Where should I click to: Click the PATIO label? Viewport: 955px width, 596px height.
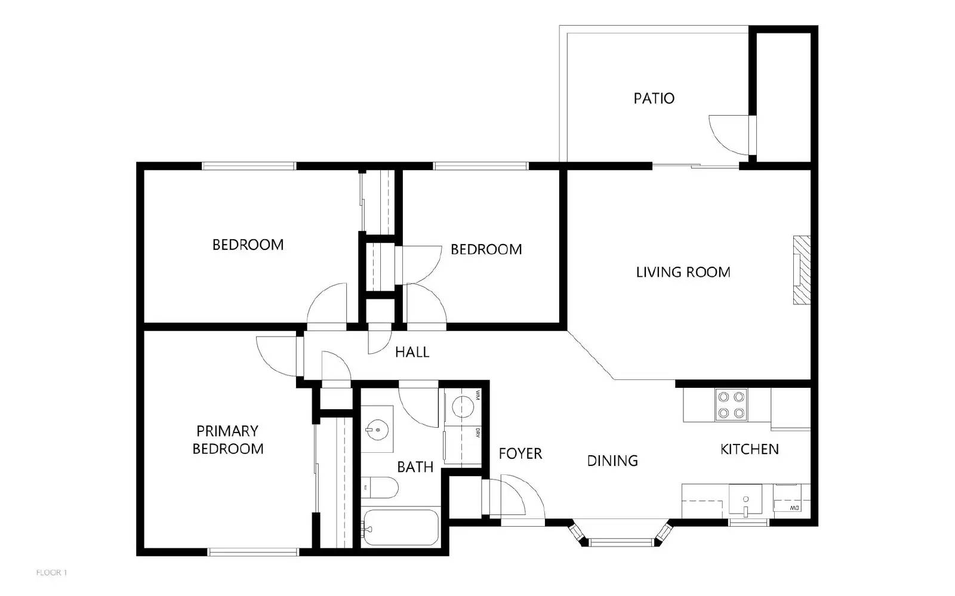point(654,98)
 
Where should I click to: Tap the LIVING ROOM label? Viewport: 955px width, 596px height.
point(683,273)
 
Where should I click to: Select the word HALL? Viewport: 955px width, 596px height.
point(412,352)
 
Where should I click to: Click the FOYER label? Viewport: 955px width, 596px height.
point(520,454)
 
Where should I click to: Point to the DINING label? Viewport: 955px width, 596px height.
point(612,461)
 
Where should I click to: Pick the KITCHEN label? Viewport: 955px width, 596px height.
point(749,449)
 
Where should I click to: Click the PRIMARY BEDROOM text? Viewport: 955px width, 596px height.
point(227,440)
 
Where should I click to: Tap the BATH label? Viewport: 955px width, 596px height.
point(415,467)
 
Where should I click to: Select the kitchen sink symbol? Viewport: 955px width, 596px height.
point(745,500)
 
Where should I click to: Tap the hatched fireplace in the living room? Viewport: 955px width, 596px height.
point(801,270)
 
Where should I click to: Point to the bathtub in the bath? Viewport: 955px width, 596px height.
point(400,527)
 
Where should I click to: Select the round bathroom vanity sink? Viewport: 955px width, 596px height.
point(377,429)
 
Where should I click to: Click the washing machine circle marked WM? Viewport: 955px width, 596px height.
point(463,408)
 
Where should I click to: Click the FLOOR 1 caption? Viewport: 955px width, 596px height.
point(52,573)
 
